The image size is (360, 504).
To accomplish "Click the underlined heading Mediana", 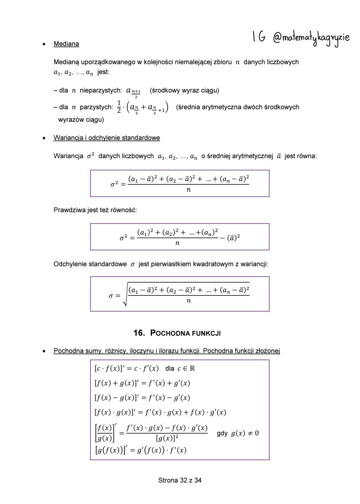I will (66, 44).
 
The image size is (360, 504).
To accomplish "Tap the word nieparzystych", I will (100, 91).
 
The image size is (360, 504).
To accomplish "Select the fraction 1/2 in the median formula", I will (119, 107).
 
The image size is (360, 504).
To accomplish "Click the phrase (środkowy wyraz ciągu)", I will (184, 91).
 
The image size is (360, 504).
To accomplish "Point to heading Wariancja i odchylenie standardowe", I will (106, 137).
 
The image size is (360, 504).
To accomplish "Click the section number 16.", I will (139, 334).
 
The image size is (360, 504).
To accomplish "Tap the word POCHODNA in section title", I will (170, 334).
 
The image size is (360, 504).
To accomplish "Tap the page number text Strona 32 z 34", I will (180, 480).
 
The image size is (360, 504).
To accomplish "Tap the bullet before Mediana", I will (44, 44).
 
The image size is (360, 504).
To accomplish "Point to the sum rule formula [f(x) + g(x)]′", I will (142, 383).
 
